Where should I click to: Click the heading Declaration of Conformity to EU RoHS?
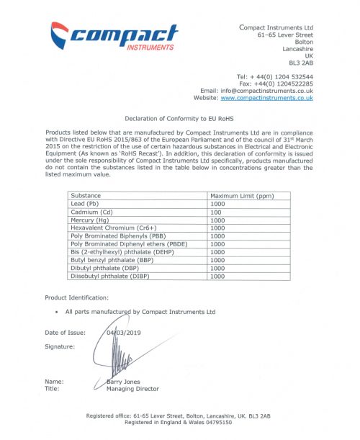[179, 118]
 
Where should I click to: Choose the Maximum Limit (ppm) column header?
[240, 195]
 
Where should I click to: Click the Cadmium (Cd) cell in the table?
[93, 212]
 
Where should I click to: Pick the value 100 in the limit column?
[215, 212]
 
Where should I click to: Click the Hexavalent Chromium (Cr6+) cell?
[112, 228]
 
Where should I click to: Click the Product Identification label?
[77, 297]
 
